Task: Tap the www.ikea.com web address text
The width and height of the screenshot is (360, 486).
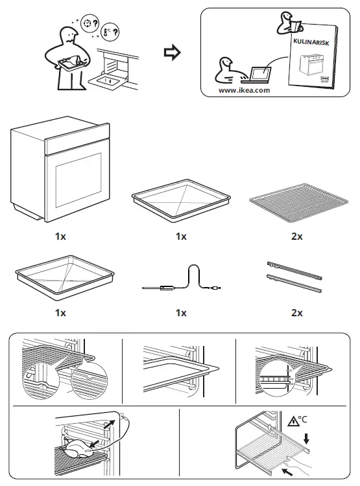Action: [244, 91]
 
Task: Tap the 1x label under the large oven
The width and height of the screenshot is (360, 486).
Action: [60, 237]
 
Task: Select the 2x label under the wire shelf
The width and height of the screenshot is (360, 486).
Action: [296, 237]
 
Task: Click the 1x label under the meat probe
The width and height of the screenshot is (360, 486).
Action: [181, 312]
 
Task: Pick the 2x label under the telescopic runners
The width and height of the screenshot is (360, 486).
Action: [296, 312]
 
